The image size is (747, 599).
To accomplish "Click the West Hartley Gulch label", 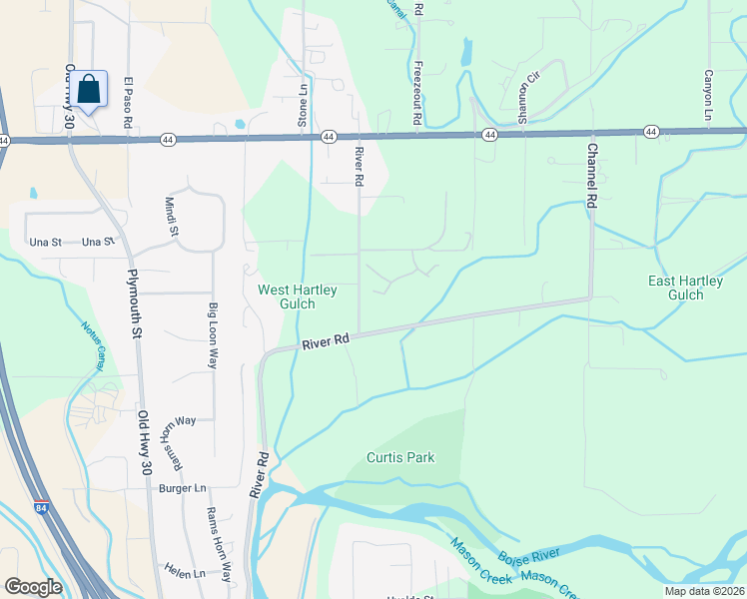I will point(298,297).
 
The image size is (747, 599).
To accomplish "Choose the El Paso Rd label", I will point(129,103).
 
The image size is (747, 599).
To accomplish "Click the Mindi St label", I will point(171,216).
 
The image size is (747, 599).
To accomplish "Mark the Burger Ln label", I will point(182,488).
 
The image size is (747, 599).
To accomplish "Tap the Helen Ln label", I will point(186,573).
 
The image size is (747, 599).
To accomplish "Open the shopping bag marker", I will point(89,89).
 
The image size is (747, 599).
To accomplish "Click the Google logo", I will point(33,587).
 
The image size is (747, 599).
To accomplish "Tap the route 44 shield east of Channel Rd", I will point(651,131).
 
